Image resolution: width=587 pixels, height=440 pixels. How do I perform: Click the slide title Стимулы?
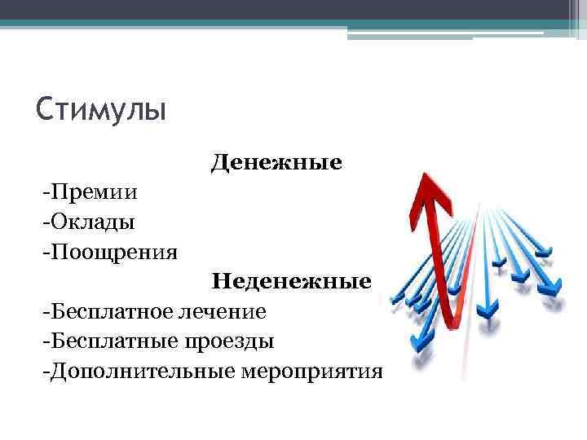point(101,108)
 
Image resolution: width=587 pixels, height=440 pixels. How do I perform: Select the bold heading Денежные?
point(276,163)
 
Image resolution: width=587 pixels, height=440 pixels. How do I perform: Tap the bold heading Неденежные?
point(292,282)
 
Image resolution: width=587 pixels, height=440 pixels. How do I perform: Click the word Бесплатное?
point(104,311)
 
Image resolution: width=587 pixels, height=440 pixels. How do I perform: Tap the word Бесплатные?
point(104,341)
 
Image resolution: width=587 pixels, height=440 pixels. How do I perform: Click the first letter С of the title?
point(45,108)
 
